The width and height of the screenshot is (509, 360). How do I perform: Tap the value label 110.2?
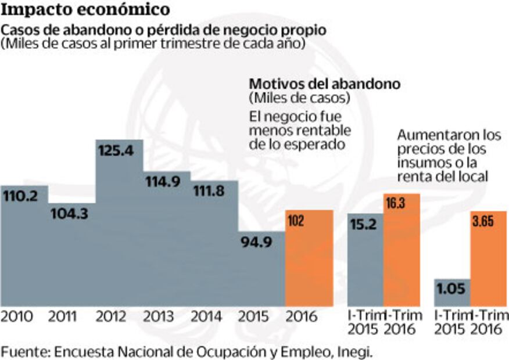20,196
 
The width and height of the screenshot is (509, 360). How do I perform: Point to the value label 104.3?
69,213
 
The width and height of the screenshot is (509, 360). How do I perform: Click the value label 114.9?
164,181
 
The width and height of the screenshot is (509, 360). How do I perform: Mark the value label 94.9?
257,242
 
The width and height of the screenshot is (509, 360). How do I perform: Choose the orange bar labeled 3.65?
489,261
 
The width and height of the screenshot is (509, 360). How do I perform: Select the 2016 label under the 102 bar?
302,317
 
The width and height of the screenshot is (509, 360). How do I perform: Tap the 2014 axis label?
206,317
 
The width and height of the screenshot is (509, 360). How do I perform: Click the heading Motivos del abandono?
324,83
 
